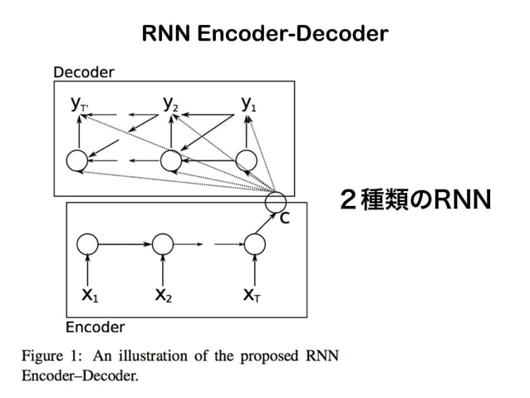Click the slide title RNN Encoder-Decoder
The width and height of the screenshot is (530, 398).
coord(265,34)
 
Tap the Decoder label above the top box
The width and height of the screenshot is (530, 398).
coord(83,71)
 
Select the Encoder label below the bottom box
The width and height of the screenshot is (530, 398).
coord(95,327)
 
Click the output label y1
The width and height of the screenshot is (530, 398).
coord(248,104)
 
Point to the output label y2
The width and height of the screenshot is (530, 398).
coord(170,104)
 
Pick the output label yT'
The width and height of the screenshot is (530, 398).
coord(80,105)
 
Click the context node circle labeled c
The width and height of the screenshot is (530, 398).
coord(275,200)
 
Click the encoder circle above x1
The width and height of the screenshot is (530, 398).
coord(87,244)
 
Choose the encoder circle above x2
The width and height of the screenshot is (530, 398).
coord(163,244)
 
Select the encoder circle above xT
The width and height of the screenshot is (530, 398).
coord(253,244)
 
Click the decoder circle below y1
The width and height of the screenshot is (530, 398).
coord(246,160)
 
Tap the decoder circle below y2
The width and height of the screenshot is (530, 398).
coord(170,160)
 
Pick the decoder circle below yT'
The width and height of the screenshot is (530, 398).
coord(77,160)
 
